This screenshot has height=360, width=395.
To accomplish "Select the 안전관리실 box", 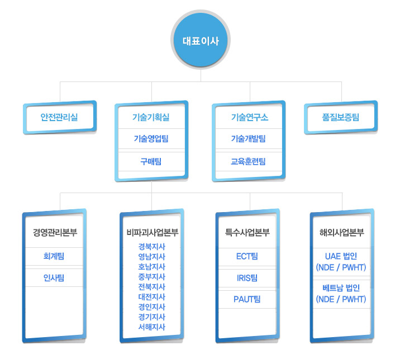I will [59, 117].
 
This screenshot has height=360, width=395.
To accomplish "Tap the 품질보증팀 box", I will [341, 117].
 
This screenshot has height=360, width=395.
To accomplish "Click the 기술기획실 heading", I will [151, 117].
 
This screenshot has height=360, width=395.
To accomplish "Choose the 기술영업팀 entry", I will [151, 138].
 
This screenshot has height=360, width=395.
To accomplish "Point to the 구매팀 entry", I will [151, 161].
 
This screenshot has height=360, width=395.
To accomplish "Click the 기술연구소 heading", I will [249, 117].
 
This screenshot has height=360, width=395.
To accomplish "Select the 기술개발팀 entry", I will [249, 138].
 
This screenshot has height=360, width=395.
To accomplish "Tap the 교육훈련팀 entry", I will [249, 161].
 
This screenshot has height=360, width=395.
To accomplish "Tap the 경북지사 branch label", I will [152, 247].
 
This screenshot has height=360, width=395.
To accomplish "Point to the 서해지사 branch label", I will [152, 327].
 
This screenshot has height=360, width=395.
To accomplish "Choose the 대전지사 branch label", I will [152, 297].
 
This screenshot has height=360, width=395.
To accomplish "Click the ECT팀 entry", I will [248, 256].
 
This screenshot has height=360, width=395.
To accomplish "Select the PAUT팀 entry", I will [248, 299].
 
